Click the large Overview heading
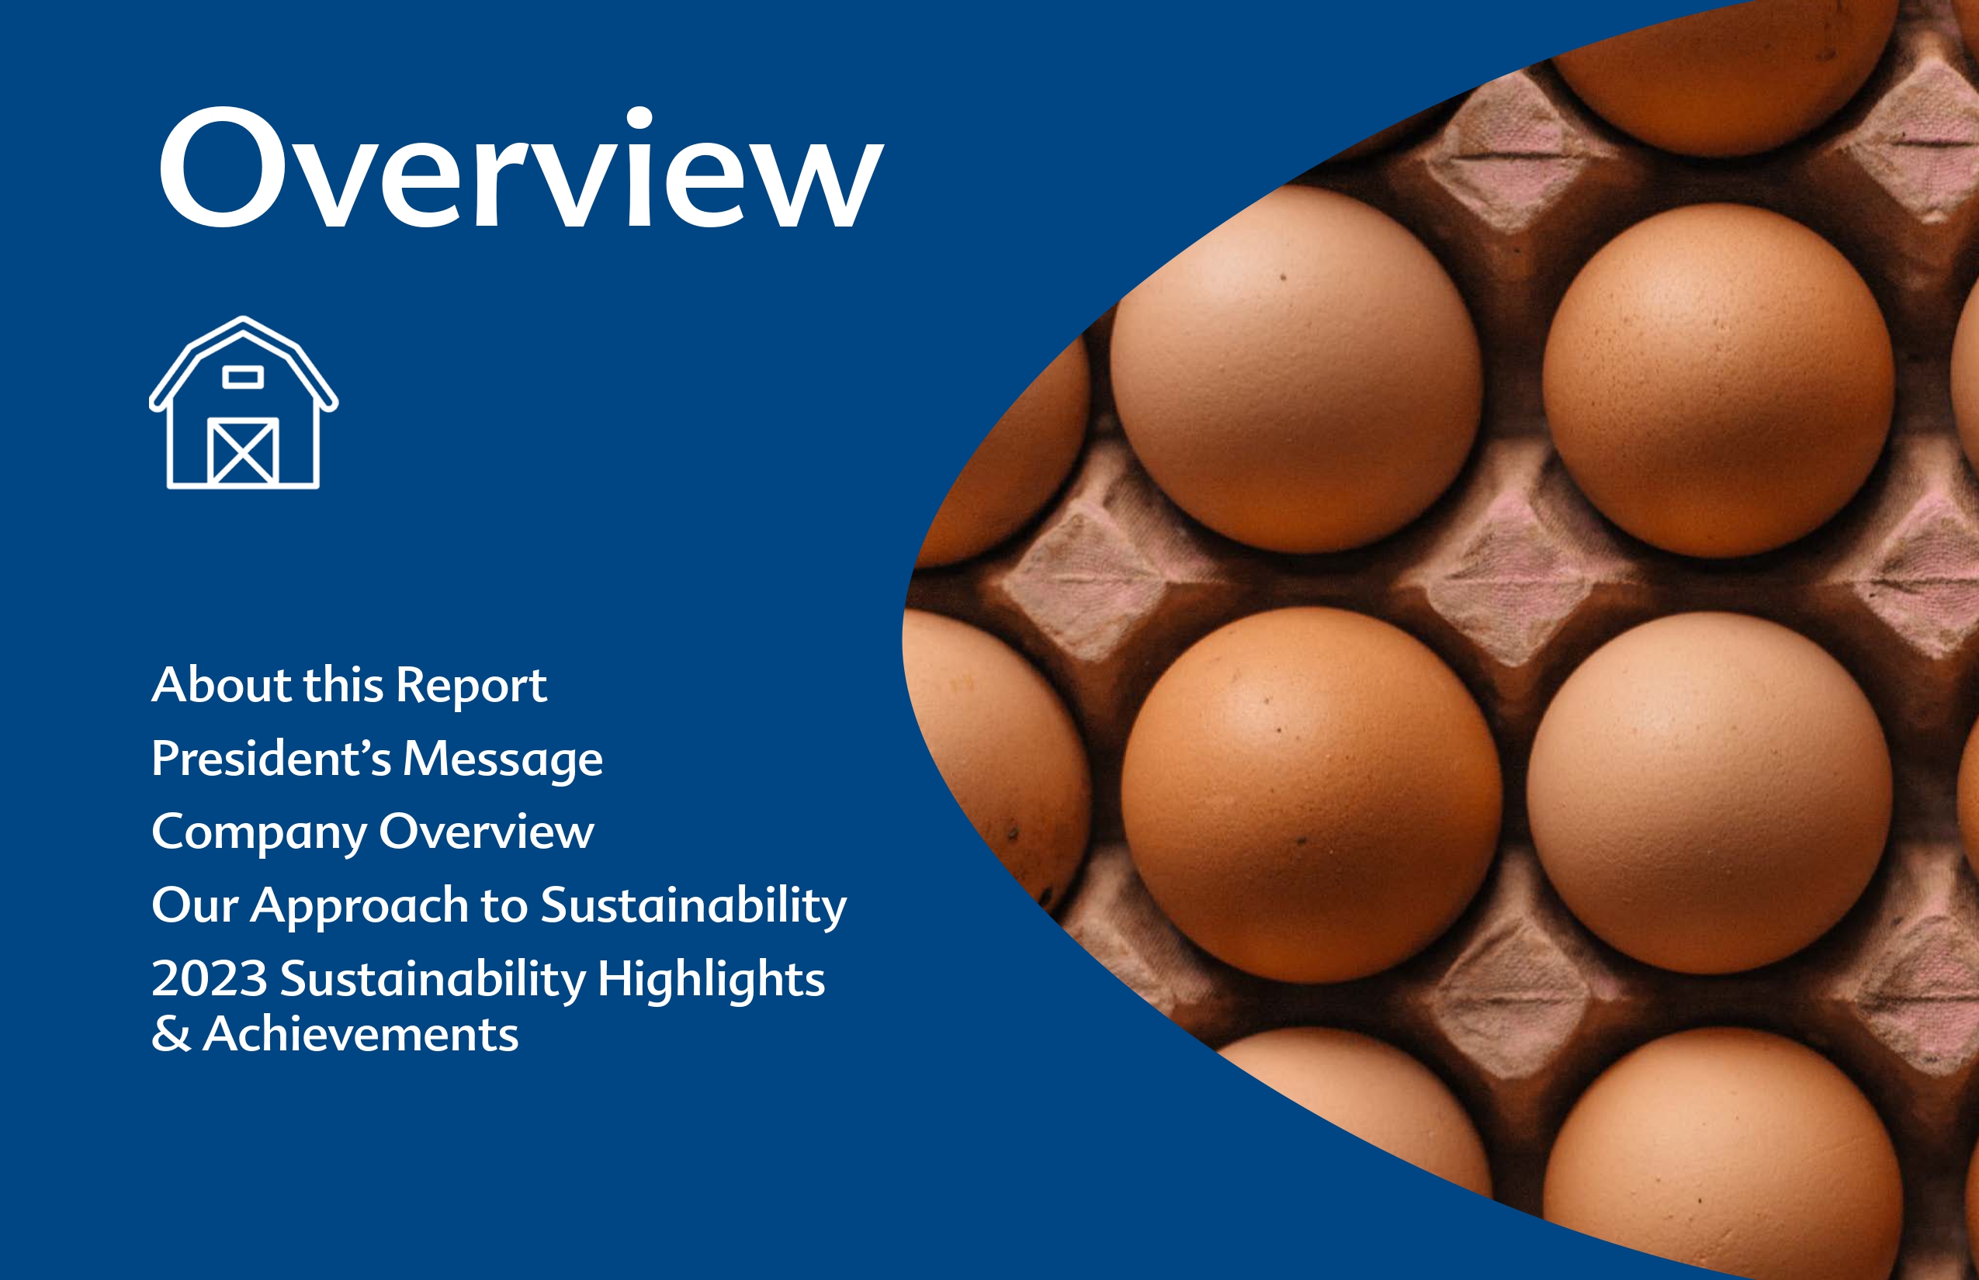click(521, 167)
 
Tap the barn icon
click(244, 403)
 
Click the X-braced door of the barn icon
click(243, 451)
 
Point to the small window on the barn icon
click(243, 377)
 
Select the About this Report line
click(349, 685)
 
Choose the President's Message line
click(377, 759)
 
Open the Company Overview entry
click(373, 832)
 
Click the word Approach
click(360, 906)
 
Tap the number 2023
click(210, 978)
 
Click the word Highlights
click(712, 978)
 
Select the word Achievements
click(361, 1034)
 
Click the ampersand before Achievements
click(172, 1035)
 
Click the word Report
click(472, 687)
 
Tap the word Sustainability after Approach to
click(694, 906)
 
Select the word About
click(221, 685)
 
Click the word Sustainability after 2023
click(433, 979)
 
